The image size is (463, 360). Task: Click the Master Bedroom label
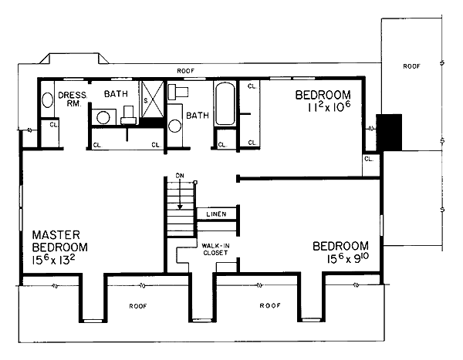[x=60, y=241]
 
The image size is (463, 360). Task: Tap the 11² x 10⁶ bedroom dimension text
[x=329, y=107]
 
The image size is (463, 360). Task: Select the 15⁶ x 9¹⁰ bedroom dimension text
[x=348, y=258]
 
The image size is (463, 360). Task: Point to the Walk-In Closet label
[x=215, y=249]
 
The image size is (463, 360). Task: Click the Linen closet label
[x=216, y=214]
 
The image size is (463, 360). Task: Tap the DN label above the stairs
[x=180, y=176]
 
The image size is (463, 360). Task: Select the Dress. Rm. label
[x=73, y=99]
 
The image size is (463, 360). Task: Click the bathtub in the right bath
[x=225, y=103]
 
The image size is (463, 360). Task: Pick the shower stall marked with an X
[x=152, y=99]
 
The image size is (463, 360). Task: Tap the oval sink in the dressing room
[x=47, y=99]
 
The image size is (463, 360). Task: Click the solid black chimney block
[x=389, y=133]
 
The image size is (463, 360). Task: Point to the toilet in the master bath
[x=128, y=115]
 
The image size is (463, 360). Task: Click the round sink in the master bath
[x=103, y=117]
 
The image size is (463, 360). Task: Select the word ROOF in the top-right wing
[x=411, y=66]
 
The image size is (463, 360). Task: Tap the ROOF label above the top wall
[x=186, y=71]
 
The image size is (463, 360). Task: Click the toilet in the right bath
[x=178, y=92]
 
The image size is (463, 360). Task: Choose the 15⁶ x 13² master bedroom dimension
[x=53, y=260]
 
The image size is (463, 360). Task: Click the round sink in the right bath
[x=175, y=126]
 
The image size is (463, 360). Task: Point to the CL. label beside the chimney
[x=369, y=159]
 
